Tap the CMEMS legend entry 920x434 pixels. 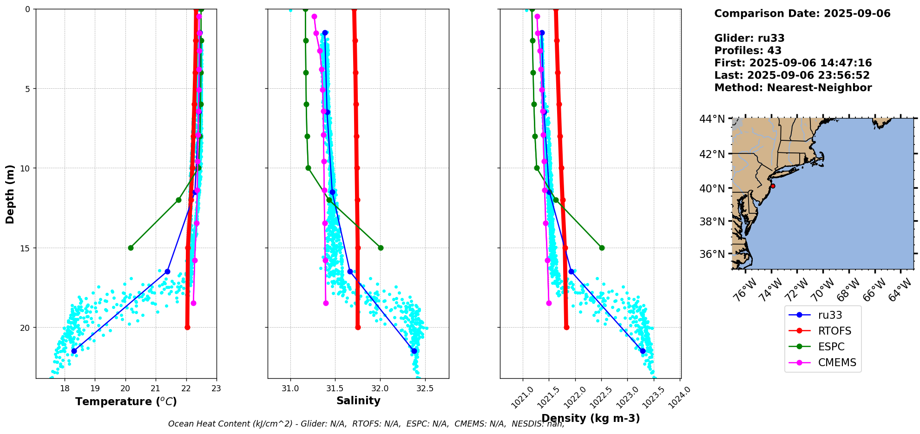point(822,362)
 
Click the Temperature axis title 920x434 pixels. point(126,401)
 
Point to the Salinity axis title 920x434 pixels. point(358,401)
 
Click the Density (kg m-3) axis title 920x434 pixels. point(591,418)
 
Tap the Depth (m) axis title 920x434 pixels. point(10,194)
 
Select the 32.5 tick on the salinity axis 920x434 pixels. point(425,388)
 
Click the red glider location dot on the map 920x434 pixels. point(773,186)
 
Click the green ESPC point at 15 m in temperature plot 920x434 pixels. point(131,248)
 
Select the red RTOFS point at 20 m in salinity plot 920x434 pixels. point(358,327)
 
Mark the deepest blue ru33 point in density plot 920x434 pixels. point(643,351)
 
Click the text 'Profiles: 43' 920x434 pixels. point(748,51)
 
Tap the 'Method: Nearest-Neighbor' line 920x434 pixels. point(793,88)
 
